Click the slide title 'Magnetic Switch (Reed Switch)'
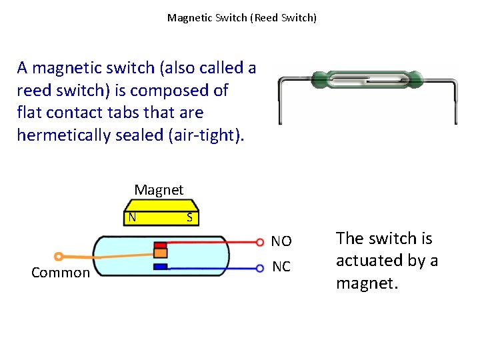tap(241, 18)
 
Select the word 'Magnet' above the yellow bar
tap(159, 190)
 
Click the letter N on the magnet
tap(133, 217)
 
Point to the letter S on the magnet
tap(189, 217)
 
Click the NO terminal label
tap(281, 241)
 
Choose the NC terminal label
tap(281, 267)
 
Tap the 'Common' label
tap(61, 273)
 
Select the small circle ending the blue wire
tap(260, 268)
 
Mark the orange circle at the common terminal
tap(59, 256)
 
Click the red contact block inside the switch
tap(160, 245)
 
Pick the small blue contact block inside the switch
tap(160, 267)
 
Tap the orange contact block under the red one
tap(160, 253)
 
